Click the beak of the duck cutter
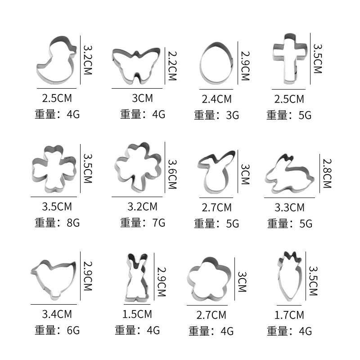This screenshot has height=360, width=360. (74, 49)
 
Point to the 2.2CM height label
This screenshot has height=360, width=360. (172, 66)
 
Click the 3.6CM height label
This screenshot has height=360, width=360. (172, 174)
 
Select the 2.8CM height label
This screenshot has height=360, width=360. (327, 173)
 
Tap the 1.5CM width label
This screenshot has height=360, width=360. (137, 314)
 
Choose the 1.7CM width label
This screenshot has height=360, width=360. (289, 315)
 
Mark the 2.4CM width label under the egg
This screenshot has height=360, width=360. (216, 99)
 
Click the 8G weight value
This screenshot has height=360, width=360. (73, 223)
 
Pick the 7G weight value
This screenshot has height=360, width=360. (159, 223)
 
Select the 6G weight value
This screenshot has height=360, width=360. (73, 331)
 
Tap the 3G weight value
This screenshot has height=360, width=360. (232, 115)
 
